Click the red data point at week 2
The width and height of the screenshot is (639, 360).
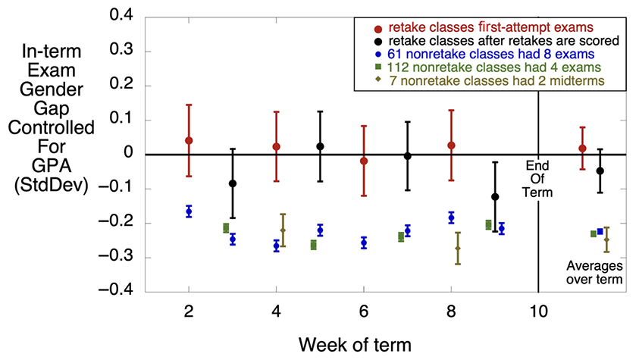click(189, 141)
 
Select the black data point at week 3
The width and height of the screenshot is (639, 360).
click(233, 183)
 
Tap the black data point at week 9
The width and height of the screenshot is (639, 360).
click(495, 197)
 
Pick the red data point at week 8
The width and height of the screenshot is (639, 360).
click(451, 146)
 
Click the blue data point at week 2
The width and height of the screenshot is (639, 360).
click(189, 211)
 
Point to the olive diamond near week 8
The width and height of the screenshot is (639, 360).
click(458, 249)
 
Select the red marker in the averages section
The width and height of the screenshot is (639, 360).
click(582, 149)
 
